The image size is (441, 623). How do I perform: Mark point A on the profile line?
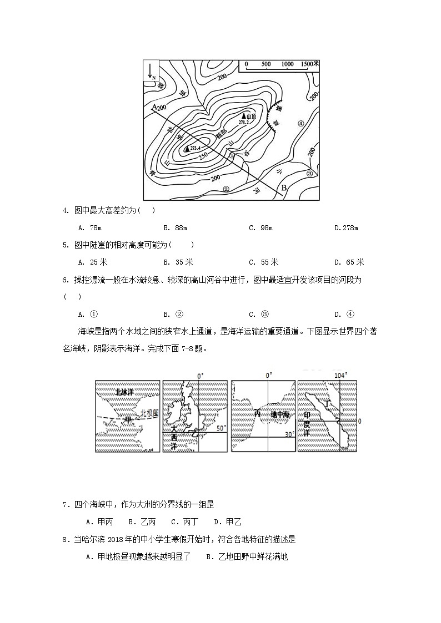click(154, 105)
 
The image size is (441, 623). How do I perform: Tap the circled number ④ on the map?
click(300, 124)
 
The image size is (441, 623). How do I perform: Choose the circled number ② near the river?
click(226, 188)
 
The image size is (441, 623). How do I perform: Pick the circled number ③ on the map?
click(310, 173)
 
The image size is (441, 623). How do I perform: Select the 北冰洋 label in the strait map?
click(122, 392)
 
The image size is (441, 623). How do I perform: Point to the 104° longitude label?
click(340, 376)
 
